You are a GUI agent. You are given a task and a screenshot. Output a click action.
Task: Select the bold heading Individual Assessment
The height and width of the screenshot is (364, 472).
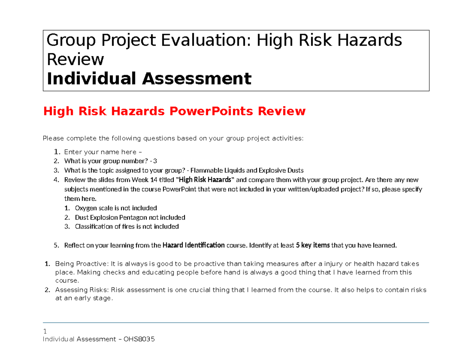click(149, 79)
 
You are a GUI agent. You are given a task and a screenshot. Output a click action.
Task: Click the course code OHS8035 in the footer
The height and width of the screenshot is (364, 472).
click(139, 339)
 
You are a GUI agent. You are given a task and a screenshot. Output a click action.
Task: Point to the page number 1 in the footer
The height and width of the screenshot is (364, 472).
click(44, 330)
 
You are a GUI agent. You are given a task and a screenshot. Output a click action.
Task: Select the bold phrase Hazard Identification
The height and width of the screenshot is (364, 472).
click(194, 246)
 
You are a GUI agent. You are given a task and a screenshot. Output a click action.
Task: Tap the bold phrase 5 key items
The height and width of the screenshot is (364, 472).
click(313, 246)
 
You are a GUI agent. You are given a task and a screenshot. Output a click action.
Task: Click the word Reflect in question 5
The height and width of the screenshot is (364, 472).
click(74, 246)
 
